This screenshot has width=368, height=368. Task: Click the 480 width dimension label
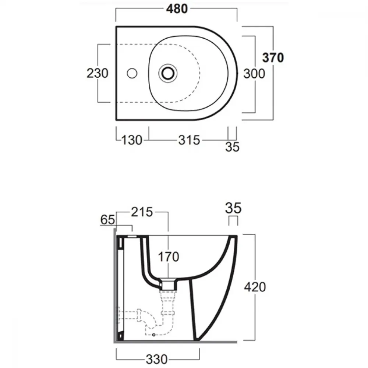point(177,9)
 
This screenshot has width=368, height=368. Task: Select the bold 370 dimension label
point(273,57)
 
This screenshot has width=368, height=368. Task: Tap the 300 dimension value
point(254,74)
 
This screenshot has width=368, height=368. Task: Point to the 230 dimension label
point(98,73)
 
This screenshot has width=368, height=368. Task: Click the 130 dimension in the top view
point(132,140)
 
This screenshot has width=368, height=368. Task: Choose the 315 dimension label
point(189,140)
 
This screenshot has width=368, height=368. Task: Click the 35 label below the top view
point(232,147)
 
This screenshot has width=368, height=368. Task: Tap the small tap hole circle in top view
point(132,73)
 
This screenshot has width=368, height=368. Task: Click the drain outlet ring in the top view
point(167,73)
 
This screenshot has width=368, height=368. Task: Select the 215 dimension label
point(142,212)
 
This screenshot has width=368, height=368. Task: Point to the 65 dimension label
point(108,220)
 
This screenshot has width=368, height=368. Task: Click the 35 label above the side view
point(233,208)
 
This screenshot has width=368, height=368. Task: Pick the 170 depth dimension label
point(169,257)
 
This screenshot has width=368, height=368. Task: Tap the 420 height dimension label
point(255,287)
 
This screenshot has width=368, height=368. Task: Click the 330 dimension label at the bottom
point(157,359)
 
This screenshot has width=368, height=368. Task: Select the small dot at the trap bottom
point(154,335)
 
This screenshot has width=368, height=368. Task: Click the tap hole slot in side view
point(132,236)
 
